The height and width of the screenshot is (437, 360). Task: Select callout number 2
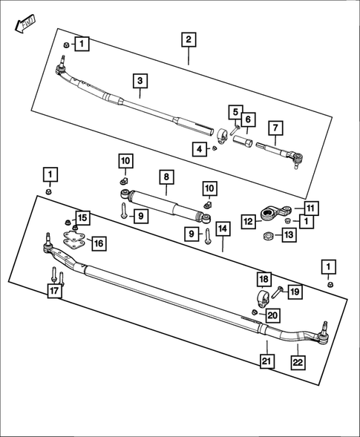pos(189,39)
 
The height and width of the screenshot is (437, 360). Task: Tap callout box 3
pos(139,81)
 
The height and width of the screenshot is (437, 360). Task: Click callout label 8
pos(167,177)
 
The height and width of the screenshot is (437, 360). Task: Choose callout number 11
pos(310,208)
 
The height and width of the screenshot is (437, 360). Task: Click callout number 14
pos(223,229)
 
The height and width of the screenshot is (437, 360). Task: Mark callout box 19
pos(294,292)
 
